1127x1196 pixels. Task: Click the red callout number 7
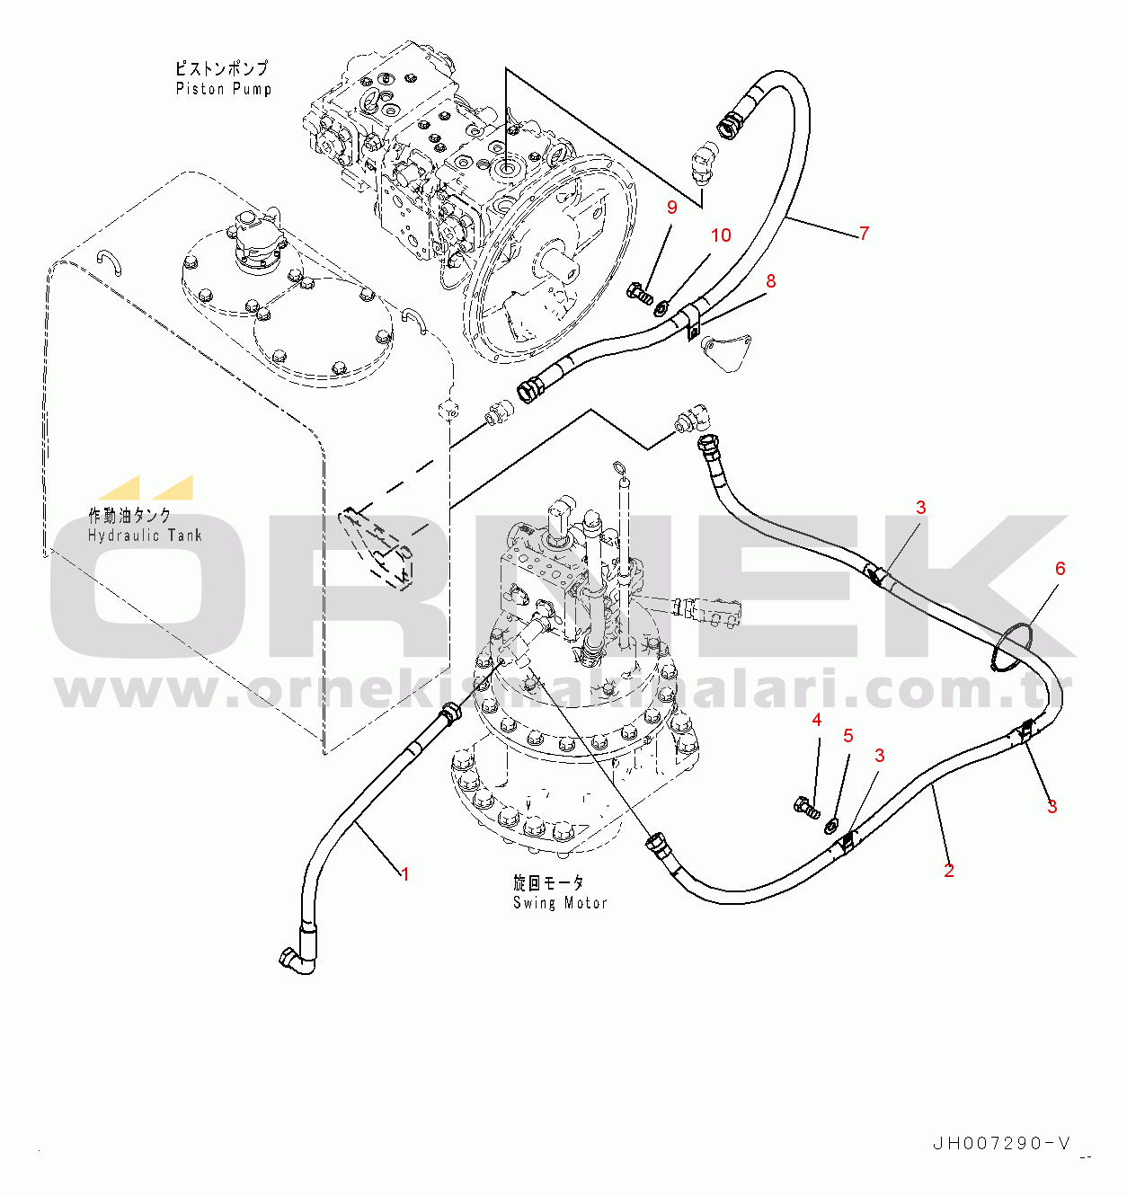click(x=865, y=233)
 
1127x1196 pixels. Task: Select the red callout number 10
click(x=721, y=235)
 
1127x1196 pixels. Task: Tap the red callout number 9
click(x=671, y=208)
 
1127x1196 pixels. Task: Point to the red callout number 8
click(x=770, y=280)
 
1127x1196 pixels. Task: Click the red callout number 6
click(x=1060, y=568)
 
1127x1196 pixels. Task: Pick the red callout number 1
click(x=405, y=873)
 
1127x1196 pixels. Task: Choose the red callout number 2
click(x=949, y=870)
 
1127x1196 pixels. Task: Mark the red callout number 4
click(x=817, y=719)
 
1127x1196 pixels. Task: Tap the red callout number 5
click(x=848, y=735)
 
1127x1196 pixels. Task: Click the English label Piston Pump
click(x=224, y=89)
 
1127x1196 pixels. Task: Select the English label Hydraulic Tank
click(x=145, y=536)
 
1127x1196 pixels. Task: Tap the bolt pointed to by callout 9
click(x=640, y=293)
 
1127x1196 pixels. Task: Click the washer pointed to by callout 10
click(x=661, y=309)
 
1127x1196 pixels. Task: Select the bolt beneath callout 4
click(x=807, y=805)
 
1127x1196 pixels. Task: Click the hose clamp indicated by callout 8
click(x=693, y=323)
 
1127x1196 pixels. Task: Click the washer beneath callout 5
click(x=831, y=824)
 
